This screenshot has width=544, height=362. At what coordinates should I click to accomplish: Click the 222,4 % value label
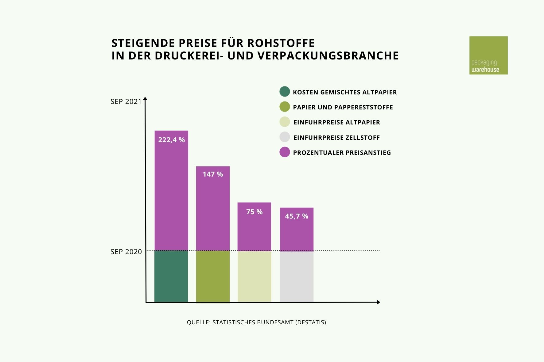[171, 140]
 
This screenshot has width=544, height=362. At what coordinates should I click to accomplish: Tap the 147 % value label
[213, 174]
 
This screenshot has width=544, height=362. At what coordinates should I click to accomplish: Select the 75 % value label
[254, 212]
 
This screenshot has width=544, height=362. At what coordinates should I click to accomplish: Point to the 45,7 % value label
[297, 216]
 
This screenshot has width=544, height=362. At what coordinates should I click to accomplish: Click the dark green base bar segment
[171, 276]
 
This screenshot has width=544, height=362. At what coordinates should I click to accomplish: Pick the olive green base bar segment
[213, 276]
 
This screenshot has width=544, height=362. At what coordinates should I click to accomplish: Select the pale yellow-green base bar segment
[254, 276]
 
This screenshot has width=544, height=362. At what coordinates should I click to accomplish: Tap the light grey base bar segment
[297, 276]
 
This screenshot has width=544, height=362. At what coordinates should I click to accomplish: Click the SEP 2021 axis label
[126, 102]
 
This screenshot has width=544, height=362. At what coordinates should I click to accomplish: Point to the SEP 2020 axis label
[126, 252]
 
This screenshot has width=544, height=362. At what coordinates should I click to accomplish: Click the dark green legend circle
[285, 92]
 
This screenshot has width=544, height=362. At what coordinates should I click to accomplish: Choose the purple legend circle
[285, 152]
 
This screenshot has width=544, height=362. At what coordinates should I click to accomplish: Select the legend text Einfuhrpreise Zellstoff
[336, 138]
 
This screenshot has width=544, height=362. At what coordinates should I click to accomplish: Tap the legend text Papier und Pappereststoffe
[343, 107]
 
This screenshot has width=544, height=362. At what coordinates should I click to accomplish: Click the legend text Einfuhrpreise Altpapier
[336, 122]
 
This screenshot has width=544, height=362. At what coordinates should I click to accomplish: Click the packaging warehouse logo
[488, 55]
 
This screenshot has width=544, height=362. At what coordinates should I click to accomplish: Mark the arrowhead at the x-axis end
[379, 302]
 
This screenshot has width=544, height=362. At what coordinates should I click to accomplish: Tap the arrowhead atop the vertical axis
[146, 99]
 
